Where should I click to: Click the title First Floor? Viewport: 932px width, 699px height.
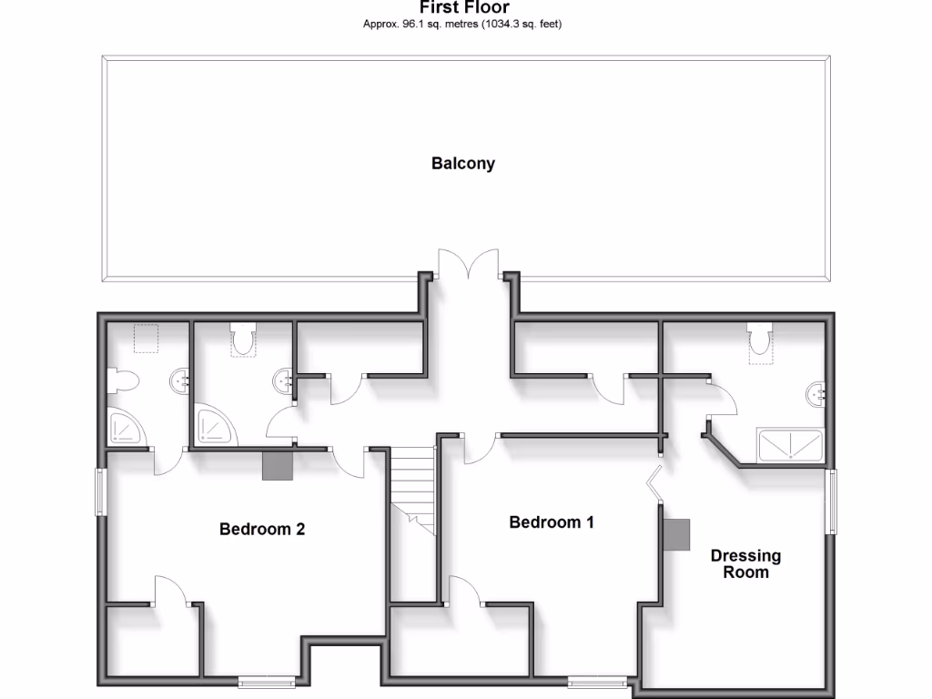[x=463, y=7]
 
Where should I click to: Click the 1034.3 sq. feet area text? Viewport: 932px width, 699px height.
[x=516, y=25]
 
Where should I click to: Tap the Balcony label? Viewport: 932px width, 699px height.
[x=463, y=164]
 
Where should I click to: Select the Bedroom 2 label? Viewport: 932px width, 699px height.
[x=262, y=529]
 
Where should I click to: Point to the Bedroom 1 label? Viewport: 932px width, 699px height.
[x=552, y=522]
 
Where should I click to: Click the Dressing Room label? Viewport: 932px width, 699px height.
[x=745, y=563]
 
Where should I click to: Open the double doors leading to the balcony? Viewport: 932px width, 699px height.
[x=468, y=265]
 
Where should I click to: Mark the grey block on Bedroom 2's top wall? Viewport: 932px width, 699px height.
[x=278, y=465]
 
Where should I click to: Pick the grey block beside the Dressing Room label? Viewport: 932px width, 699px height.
[x=675, y=534]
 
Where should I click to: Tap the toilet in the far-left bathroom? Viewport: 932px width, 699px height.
[x=122, y=380]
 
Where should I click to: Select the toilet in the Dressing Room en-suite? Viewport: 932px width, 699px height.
[x=760, y=340]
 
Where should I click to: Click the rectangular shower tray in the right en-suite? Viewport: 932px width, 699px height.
[x=790, y=446]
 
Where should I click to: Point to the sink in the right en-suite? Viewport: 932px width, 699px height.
[x=815, y=394]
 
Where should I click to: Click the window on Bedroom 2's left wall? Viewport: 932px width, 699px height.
[x=103, y=492]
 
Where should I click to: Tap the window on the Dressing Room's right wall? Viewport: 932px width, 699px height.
[x=830, y=501]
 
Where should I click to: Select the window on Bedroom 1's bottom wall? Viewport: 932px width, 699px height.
[x=598, y=681]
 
